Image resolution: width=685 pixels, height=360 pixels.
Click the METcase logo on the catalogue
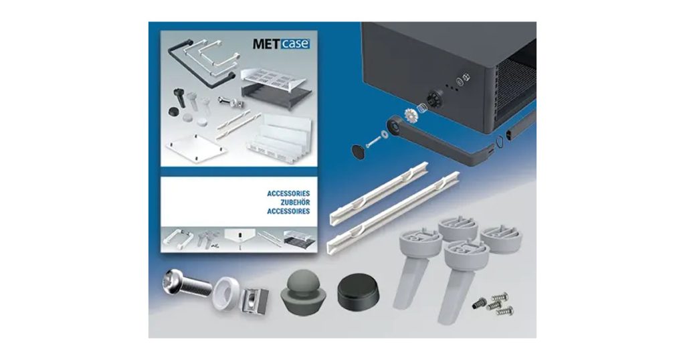tap(280, 44)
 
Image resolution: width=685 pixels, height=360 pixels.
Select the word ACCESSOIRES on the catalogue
tap(288, 210)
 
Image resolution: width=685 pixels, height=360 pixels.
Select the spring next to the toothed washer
tap(422, 108)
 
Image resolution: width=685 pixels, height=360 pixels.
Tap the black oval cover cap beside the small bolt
tap(362, 148)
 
